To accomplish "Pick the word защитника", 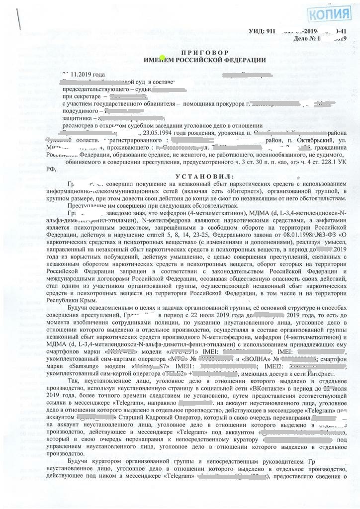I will click(x=78, y=119).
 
